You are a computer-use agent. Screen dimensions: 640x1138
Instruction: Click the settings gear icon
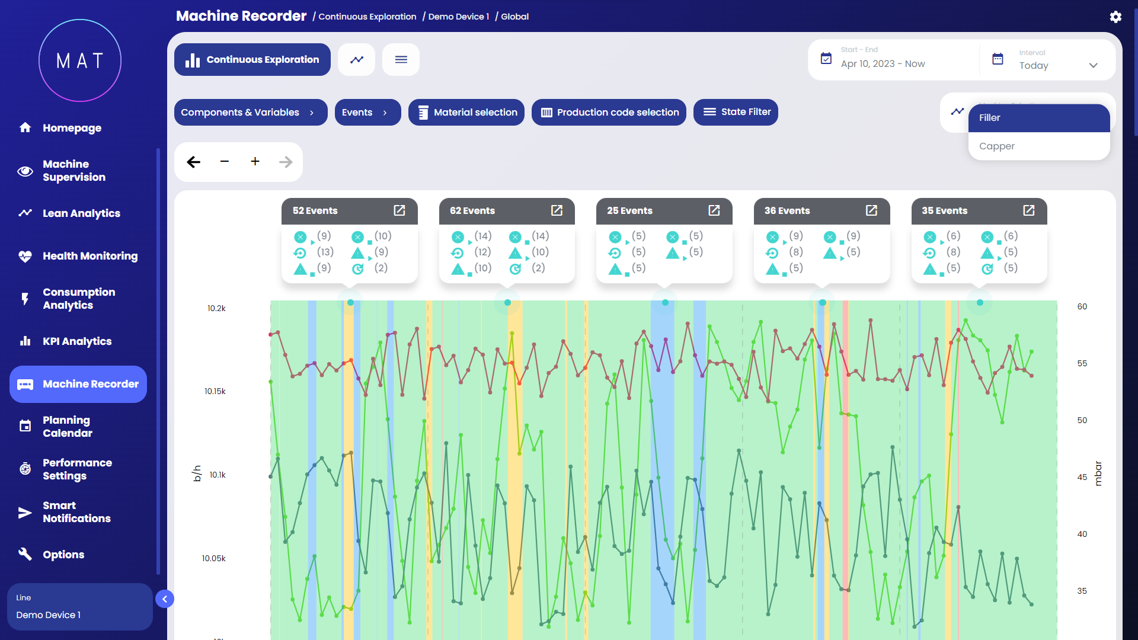1115,17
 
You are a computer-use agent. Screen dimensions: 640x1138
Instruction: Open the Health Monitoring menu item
89,256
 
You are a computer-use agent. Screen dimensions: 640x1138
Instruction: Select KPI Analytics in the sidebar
76,341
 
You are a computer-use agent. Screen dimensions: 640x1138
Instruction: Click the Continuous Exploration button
252,59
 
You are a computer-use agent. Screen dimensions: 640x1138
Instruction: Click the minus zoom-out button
224,161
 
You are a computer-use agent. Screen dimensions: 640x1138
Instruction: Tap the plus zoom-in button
255,161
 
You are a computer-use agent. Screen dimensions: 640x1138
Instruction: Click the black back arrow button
193,162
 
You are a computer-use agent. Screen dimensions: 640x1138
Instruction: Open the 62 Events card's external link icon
557,210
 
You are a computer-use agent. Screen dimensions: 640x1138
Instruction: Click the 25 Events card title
629,210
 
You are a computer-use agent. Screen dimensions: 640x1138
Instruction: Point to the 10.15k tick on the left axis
215,391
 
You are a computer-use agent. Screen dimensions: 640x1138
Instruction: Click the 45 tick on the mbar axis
1082,477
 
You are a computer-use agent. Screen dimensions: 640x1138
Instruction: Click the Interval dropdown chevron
1094,65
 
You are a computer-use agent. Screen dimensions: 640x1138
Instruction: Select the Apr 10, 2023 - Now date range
883,63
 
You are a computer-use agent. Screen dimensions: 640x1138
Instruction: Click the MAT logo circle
80,60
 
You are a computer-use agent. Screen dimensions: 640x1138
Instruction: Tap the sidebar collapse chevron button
165,599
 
